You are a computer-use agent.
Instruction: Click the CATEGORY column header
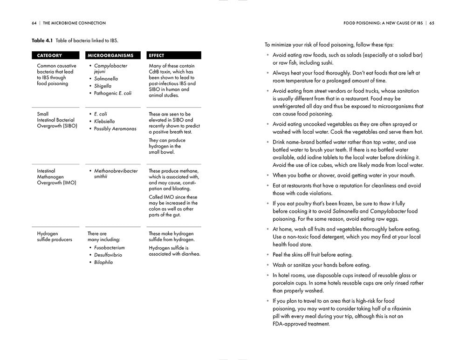click(49, 55)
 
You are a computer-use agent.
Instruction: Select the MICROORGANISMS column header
click(110, 55)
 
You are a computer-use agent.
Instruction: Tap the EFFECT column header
click(157, 55)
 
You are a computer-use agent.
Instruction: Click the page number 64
click(34, 23)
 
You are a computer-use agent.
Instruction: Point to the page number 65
click(432, 23)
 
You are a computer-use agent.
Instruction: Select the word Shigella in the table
click(103, 86)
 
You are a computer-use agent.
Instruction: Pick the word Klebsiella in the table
click(104, 122)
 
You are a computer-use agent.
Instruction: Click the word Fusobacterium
click(110, 248)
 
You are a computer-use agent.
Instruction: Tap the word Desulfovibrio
click(108, 255)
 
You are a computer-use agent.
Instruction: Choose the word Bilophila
click(103, 263)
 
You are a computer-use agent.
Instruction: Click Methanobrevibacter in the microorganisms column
click(116, 171)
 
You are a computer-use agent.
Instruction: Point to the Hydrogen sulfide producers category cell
click(55, 237)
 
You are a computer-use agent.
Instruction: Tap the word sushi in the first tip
click(324, 62)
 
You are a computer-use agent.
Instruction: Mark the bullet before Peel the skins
click(267, 255)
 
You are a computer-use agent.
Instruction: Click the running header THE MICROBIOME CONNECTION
click(75, 23)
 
